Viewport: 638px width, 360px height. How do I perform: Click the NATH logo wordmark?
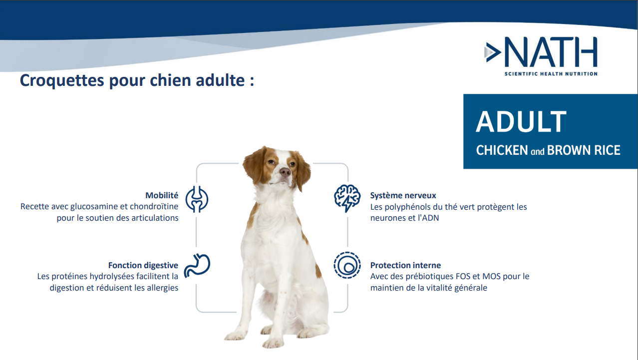[551, 51]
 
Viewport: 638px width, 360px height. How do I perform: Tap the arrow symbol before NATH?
[493, 52]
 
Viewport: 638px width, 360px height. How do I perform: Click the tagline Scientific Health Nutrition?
[551, 74]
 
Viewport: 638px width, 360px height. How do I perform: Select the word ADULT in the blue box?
[521, 122]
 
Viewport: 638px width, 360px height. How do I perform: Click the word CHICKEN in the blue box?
[502, 150]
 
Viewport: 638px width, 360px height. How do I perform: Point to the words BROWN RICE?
[584, 150]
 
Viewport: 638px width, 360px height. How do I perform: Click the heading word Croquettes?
[62, 80]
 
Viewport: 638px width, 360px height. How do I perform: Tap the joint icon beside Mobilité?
[197, 199]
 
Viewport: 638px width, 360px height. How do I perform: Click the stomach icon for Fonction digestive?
[197, 266]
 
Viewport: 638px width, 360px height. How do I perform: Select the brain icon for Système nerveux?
[347, 198]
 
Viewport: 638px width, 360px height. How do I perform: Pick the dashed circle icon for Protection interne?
[347, 265]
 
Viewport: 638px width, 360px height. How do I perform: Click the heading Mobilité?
[162, 195]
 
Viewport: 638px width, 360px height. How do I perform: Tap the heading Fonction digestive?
[143, 266]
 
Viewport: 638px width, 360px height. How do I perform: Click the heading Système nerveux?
[403, 196]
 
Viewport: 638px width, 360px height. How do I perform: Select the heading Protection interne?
[405, 266]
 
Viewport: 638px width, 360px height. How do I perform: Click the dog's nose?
[285, 171]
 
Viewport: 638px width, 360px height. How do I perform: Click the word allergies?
[162, 288]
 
